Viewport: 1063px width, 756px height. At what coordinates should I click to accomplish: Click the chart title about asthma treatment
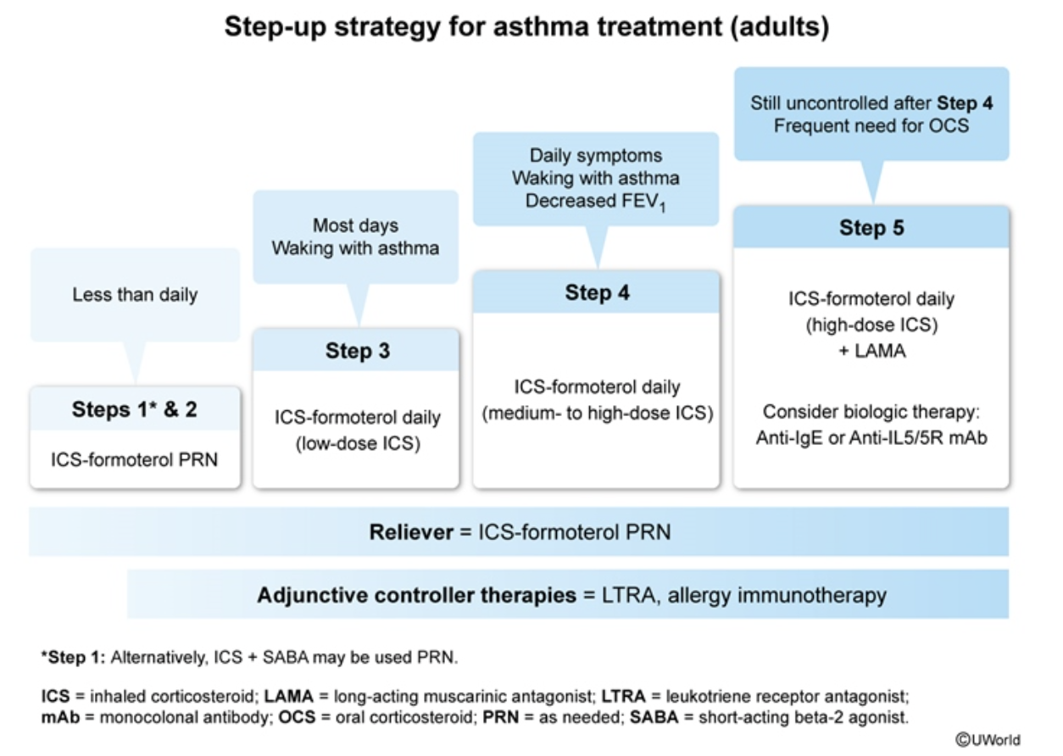coord(526,26)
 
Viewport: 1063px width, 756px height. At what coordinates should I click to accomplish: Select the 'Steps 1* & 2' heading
coord(135,409)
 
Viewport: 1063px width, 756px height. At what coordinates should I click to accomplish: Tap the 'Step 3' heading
coord(358,351)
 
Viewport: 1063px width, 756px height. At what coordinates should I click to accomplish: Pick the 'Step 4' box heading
coord(598,293)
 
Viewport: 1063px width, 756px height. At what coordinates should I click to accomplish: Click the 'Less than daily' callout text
coord(135,295)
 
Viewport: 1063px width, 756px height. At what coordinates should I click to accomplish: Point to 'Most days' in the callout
coord(355,225)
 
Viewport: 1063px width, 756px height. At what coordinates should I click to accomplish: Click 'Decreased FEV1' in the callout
coord(596,202)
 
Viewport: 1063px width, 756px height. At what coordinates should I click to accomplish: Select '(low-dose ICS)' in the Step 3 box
coord(357,442)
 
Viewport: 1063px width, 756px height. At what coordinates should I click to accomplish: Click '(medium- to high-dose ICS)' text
coord(598,413)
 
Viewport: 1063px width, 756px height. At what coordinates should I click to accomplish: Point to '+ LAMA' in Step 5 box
coord(871,351)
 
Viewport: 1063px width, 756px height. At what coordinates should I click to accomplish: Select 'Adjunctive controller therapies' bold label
coord(416,595)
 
